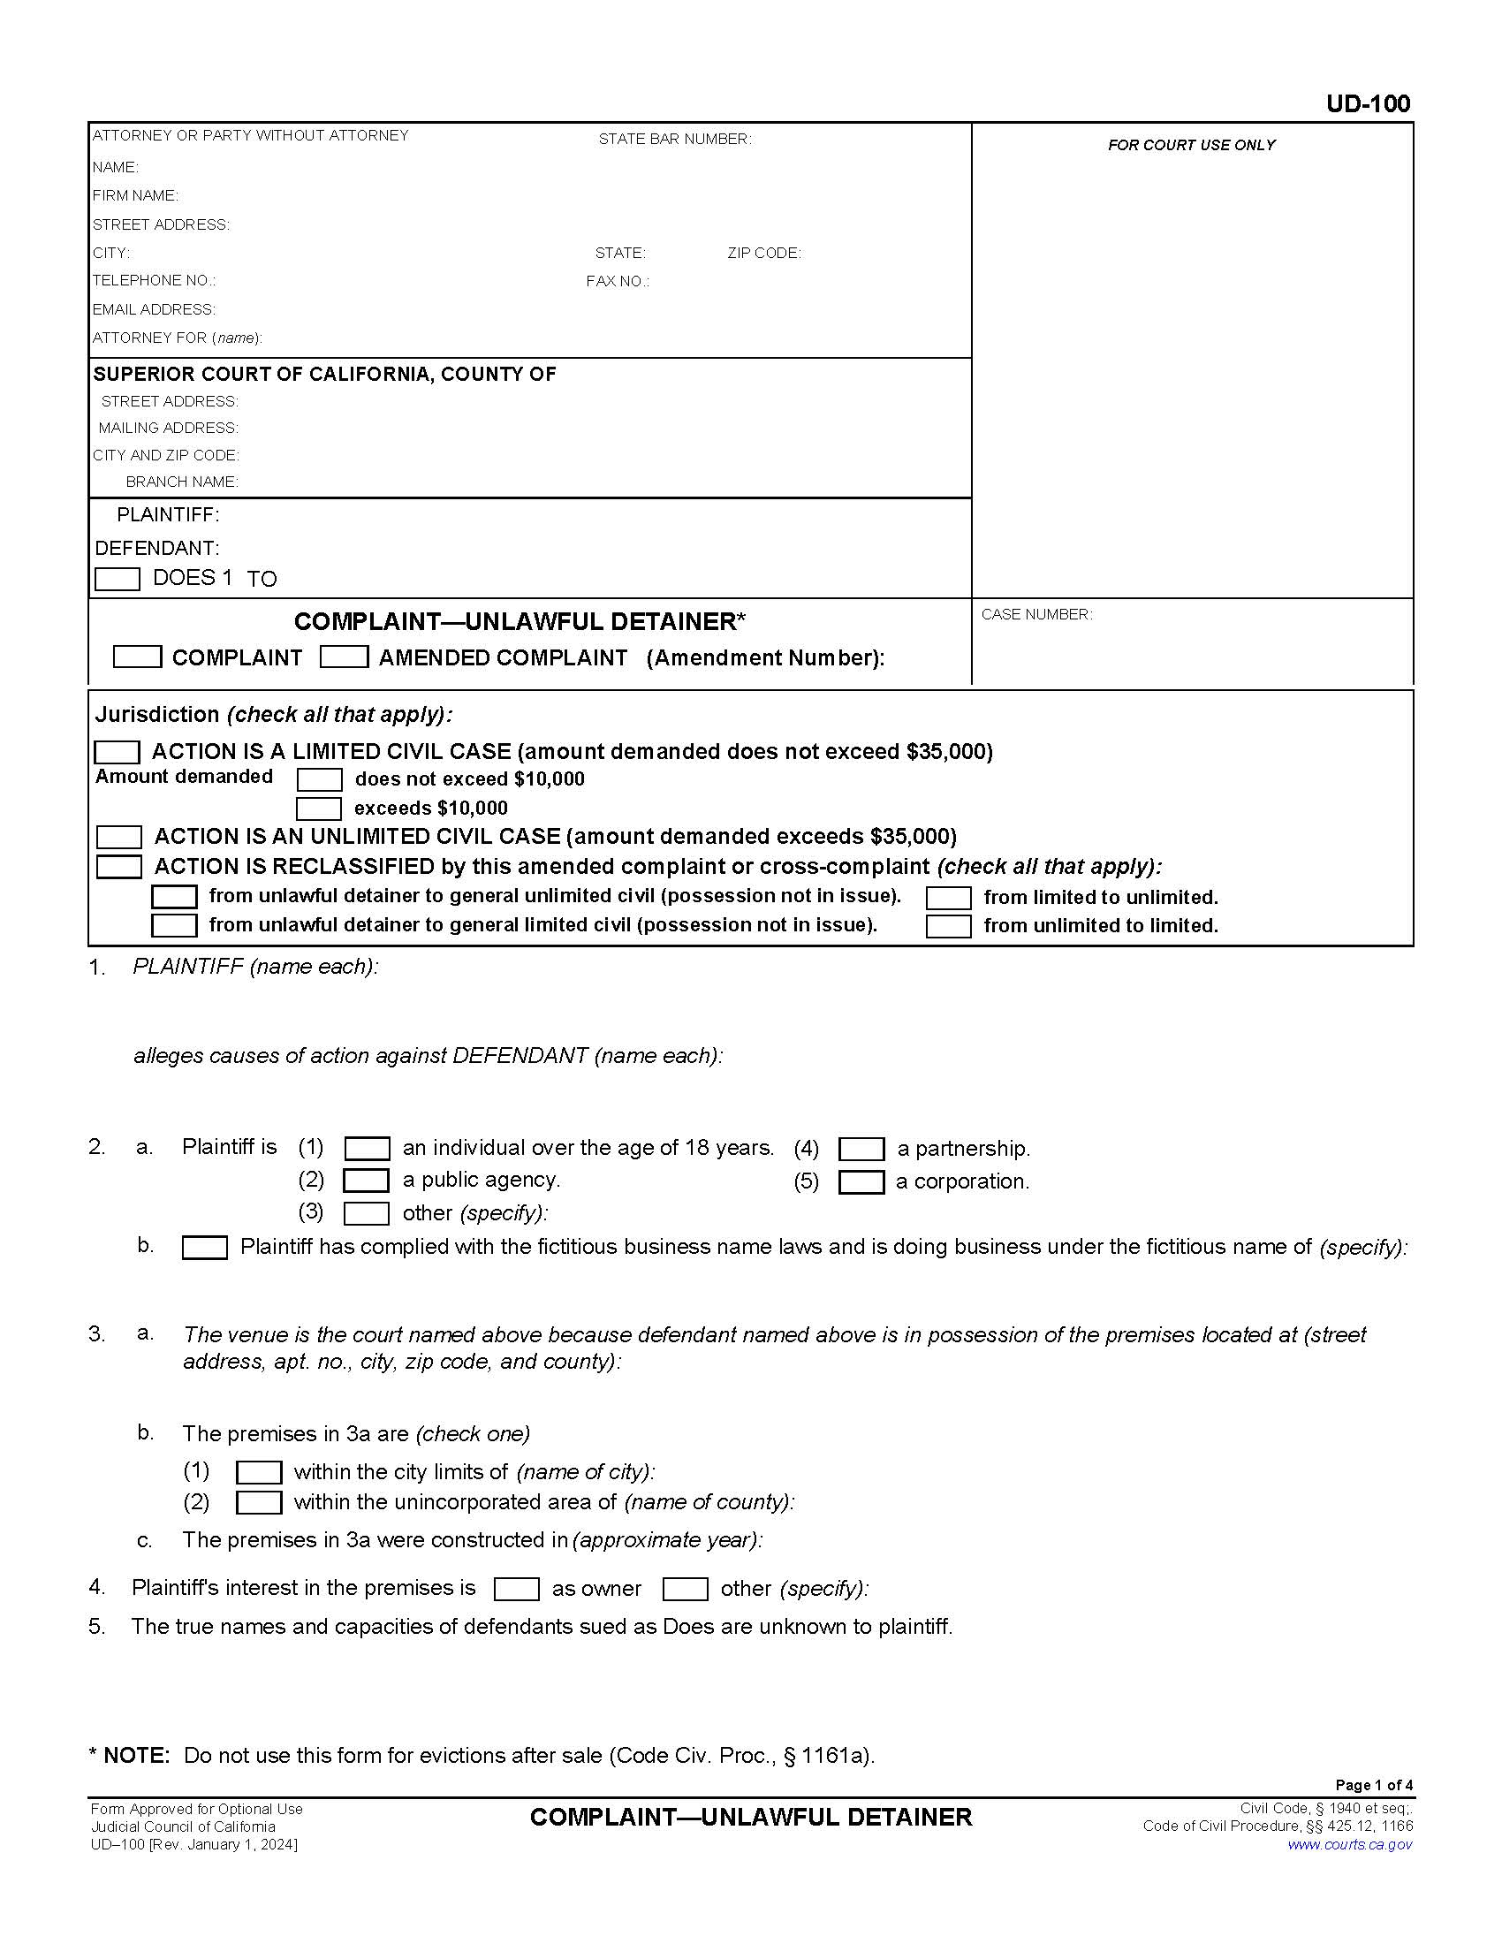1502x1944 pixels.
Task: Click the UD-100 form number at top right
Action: [x=1368, y=104]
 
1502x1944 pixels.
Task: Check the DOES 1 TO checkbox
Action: [x=118, y=580]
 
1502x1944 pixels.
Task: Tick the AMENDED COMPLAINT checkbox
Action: [x=345, y=657]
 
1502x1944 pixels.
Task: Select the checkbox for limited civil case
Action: [x=118, y=752]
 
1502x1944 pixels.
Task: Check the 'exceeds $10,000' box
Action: [x=319, y=809]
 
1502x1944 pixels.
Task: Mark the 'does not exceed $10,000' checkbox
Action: [x=320, y=779]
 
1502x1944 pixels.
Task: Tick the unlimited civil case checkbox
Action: [x=119, y=837]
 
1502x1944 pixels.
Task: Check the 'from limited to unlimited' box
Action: [x=949, y=897]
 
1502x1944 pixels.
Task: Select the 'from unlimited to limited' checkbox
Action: [x=949, y=926]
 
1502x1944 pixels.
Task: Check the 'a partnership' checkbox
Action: [x=861, y=1149]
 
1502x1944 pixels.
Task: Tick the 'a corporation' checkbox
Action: [x=861, y=1182]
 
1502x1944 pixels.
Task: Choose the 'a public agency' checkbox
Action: [x=367, y=1181]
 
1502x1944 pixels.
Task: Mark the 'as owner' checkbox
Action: [x=517, y=1589]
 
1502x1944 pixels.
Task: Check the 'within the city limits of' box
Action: [x=259, y=1472]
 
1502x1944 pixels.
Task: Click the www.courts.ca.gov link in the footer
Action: [x=1350, y=1844]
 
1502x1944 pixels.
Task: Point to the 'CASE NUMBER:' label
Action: [x=1036, y=614]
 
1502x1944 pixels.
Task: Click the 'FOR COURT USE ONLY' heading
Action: [x=1192, y=145]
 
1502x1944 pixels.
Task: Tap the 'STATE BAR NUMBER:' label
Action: [x=674, y=139]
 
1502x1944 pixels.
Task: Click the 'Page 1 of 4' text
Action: [x=1374, y=1785]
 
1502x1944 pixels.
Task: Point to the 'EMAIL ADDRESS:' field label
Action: [x=154, y=310]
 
